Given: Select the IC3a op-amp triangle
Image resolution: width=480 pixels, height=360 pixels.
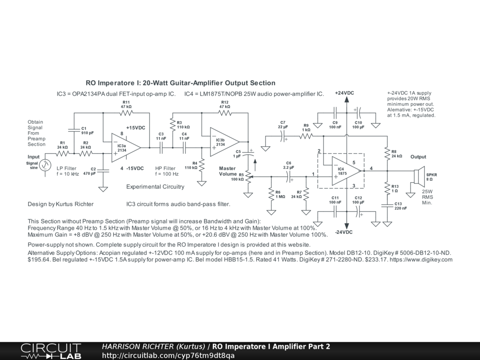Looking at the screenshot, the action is point(125,148).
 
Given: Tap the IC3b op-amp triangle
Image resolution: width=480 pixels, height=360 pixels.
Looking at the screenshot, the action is point(224,142).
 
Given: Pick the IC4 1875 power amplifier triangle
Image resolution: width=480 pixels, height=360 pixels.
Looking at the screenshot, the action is point(345,171).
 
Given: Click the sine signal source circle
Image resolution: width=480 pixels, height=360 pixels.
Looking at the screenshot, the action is point(45,165).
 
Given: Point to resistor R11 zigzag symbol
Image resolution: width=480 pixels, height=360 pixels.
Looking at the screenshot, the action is point(126,113).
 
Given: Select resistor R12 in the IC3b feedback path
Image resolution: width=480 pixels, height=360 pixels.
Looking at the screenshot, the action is point(225,113).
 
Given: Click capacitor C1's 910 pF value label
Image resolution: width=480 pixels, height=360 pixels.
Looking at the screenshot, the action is point(88,133).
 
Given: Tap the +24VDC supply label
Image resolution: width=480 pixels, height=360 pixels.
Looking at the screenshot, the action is point(345,93).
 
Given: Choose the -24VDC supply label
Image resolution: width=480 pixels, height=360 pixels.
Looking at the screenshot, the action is point(344,232).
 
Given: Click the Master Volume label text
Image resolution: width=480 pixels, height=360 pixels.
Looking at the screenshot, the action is point(227,171).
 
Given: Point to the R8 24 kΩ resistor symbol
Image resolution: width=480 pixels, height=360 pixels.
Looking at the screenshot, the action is point(387,153).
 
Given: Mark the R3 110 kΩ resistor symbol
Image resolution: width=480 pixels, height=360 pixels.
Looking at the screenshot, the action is point(172,125).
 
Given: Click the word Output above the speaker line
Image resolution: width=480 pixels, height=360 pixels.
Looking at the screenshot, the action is point(418,157).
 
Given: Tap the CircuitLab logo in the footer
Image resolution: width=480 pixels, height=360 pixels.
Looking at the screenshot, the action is point(51,351).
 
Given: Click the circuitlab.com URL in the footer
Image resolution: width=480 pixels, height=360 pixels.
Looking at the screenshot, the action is point(168,355).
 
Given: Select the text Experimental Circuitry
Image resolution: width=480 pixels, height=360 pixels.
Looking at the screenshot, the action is point(155,187).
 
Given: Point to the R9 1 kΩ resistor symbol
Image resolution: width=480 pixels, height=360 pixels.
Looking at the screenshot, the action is point(306,136).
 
